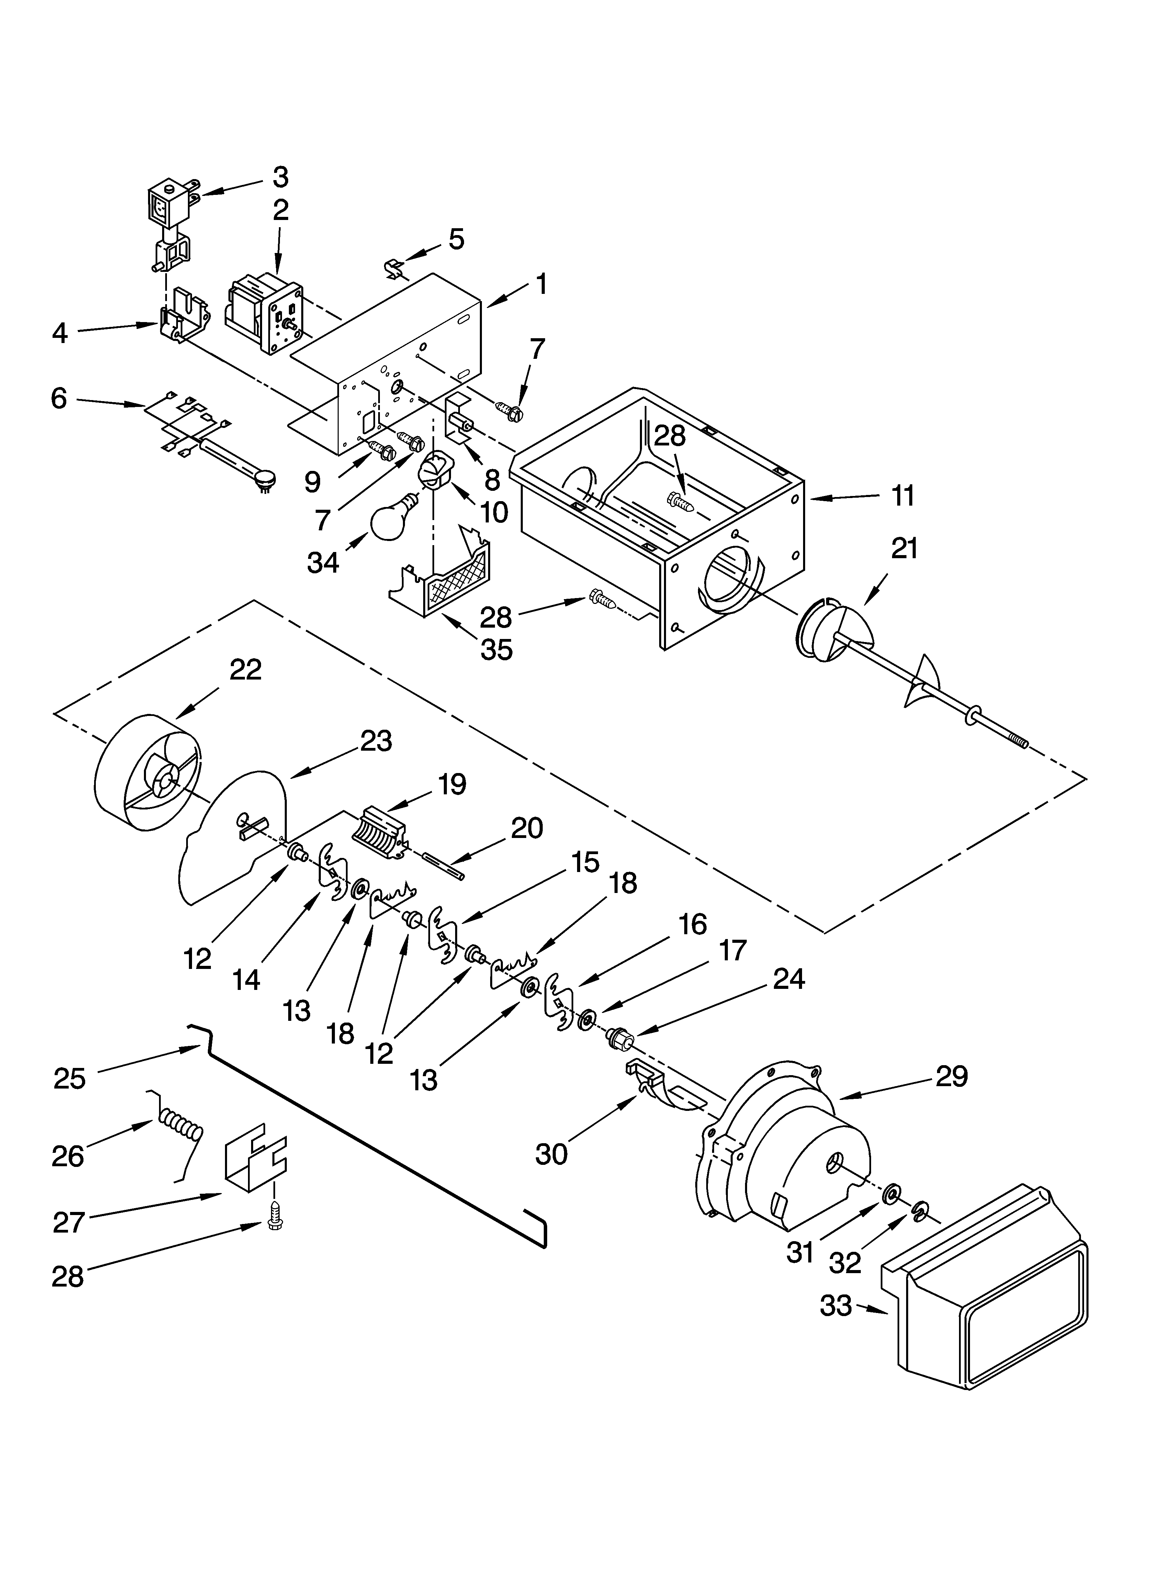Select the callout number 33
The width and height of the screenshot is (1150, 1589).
(x=837, y=1306)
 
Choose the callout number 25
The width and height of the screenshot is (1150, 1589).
(x=70, y=1078)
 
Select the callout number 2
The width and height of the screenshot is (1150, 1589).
(x=281, y=210)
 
